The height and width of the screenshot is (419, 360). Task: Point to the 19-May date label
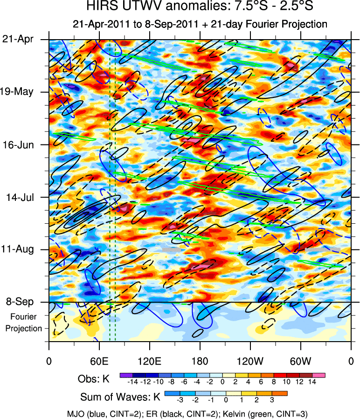coord(18,91)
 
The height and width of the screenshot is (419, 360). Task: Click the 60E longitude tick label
coord(99,360)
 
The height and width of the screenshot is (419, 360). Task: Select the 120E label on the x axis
coord(149,360)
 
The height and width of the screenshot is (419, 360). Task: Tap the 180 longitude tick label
coord(200,360)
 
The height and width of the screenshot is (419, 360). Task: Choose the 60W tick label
coord(300,360)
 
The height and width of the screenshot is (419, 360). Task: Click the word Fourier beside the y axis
coord(21,317)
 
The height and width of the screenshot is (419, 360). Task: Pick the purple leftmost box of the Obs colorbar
coord(126,374)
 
